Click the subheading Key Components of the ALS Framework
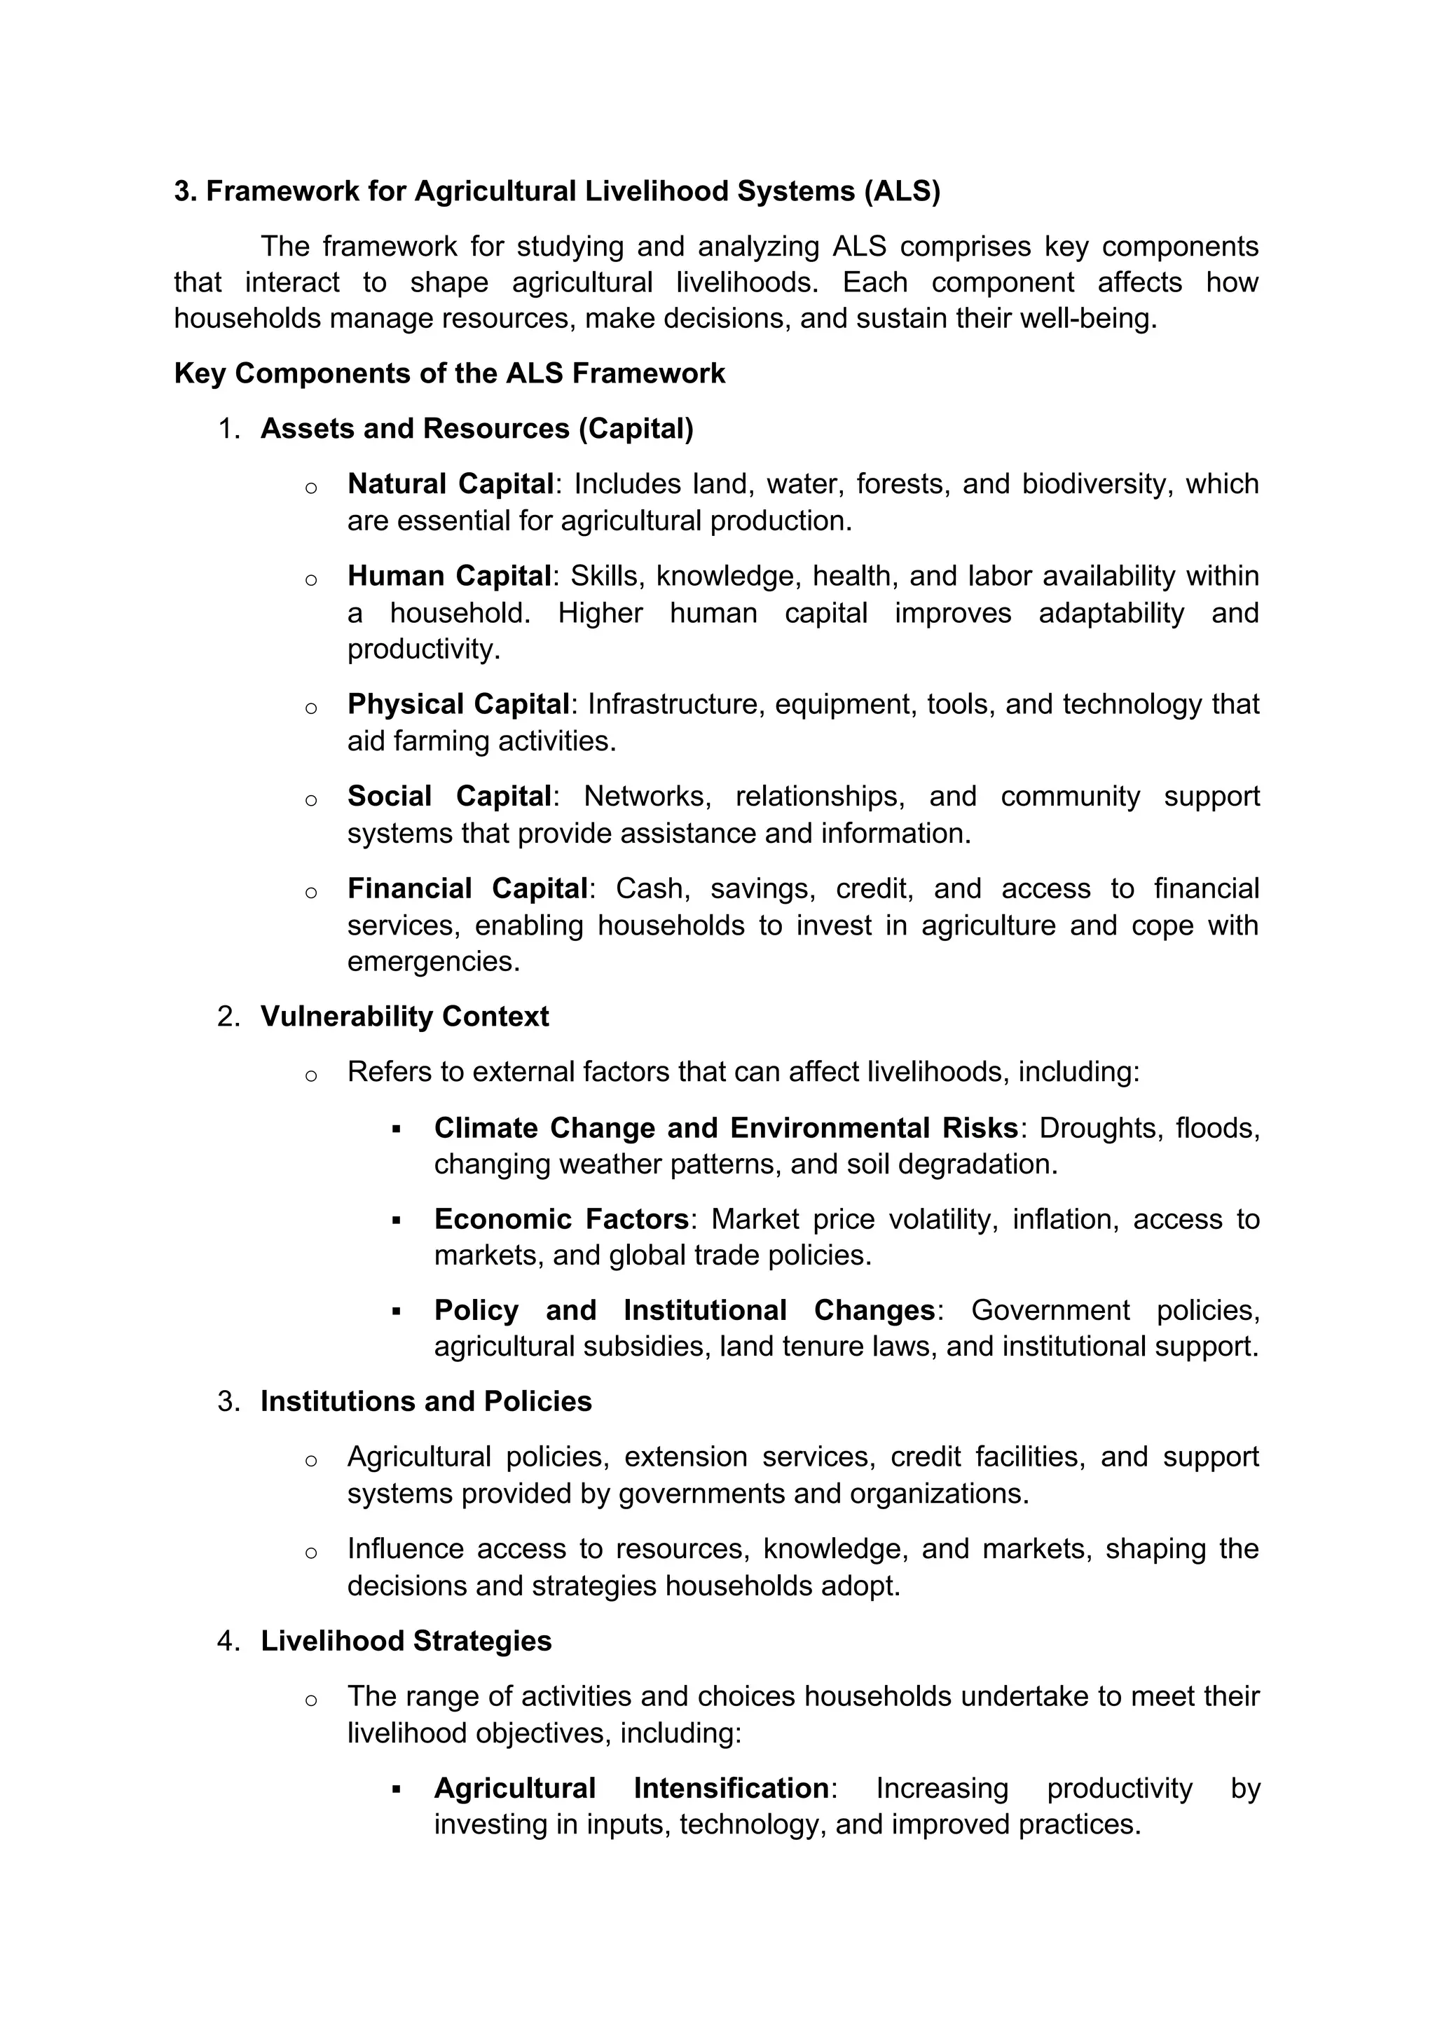(x=449, y=374)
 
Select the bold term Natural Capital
(x=450, y=484)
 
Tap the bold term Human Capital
(x=449, y=576)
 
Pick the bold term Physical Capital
(x=458, y=704)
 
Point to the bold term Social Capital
(x=449, y=796)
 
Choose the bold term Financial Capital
(x=467, y=888)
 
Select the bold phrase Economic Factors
(x=561, y=1220)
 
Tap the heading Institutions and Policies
(x=426, y=1401)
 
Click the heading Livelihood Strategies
(x=406, y=1641)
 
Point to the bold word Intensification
(x=731, y=1788)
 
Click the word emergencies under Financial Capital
(x=432, y=961)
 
